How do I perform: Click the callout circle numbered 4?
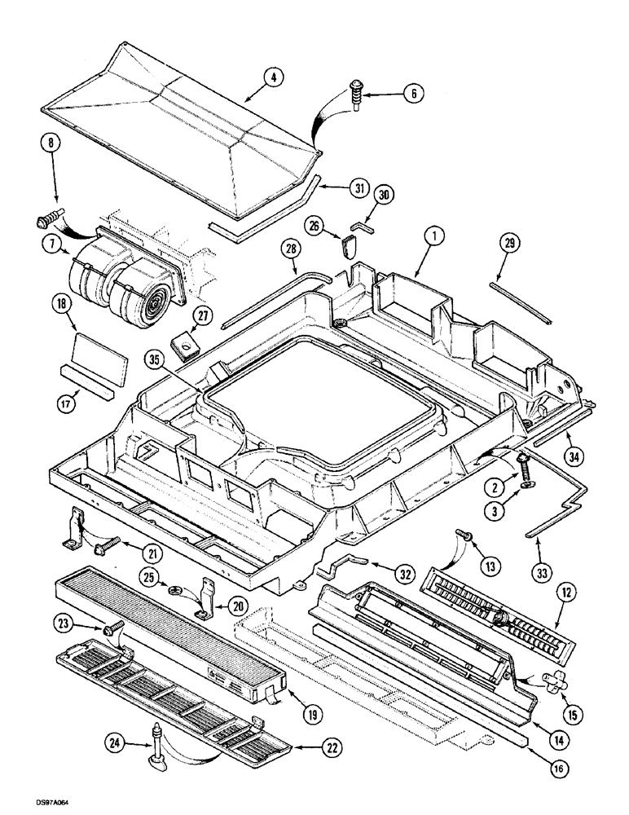[x=275, y=79]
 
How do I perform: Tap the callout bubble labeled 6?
[x=412, y=94]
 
